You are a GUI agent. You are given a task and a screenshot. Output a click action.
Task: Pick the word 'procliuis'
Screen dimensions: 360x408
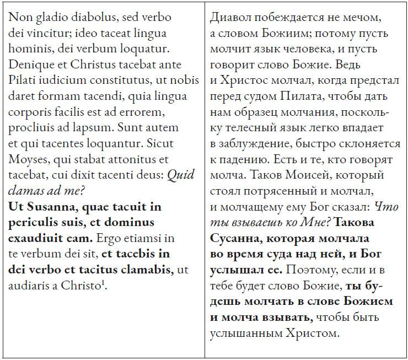(32, 128)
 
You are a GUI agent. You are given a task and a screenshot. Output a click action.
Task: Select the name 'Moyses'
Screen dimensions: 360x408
(26, 160)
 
